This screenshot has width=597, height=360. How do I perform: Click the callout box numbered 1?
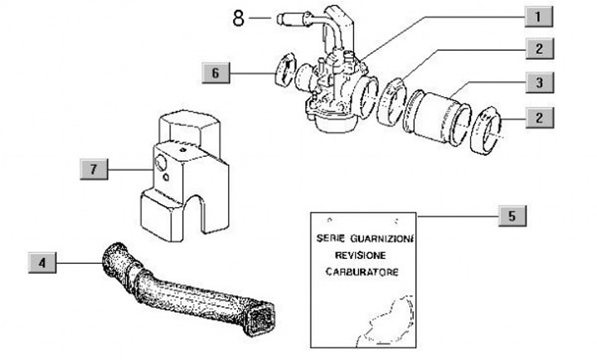coord(538,16)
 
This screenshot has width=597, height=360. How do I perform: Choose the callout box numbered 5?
coord(512,216)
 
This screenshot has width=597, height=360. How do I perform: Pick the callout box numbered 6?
coord(216,73)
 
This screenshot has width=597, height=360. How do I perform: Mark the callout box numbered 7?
coord(95,169)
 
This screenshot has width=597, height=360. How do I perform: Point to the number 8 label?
coord(238,17)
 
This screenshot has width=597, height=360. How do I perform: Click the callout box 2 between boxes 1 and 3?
coord(538,49)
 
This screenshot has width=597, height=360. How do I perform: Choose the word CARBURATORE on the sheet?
coord(360,272)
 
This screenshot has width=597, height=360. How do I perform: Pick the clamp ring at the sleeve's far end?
coord(488,131)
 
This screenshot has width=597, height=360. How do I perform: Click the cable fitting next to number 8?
coord(295,17)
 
